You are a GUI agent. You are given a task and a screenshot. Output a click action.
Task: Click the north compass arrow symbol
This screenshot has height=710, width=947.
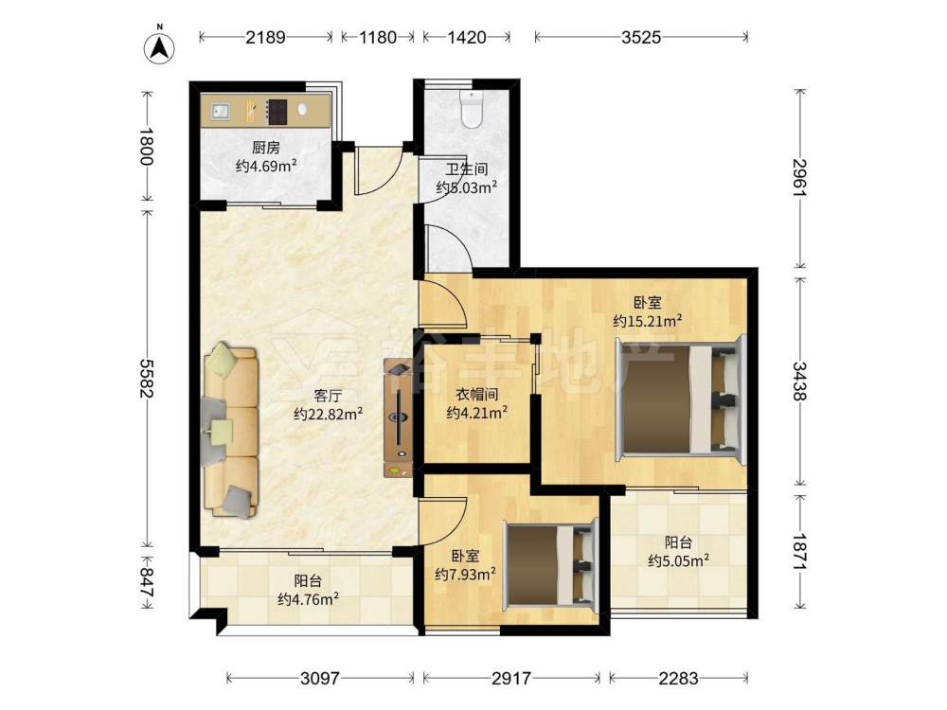point(159,46)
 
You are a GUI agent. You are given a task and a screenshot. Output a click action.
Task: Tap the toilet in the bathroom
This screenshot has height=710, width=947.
point(471,109)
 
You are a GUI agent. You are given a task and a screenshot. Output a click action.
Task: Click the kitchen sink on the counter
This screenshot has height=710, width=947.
point(221,111)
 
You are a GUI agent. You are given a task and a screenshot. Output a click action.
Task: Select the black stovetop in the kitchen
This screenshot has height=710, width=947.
point(277,111)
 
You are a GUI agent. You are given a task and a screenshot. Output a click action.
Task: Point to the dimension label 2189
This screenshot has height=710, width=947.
point(265,38)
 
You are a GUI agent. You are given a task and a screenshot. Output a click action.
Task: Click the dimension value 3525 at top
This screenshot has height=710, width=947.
point(641,38)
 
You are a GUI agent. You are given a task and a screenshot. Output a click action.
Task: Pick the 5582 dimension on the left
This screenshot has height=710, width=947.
point(146,378)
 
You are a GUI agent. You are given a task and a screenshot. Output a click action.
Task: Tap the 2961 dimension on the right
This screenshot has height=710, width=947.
point(799,177)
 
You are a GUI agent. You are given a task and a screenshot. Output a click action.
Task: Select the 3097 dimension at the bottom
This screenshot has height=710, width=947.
point(320,679)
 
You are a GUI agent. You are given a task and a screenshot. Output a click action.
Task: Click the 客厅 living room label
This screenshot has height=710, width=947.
point(328,396)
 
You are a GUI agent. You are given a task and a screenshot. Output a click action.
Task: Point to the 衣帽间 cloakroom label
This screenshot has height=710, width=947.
point(476,395)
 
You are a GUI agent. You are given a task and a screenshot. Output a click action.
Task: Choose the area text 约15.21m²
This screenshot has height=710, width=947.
point(648,321)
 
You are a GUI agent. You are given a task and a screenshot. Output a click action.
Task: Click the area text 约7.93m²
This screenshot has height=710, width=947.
point(466,574)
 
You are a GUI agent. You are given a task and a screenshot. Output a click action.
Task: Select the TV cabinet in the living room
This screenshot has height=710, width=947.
point(398,418)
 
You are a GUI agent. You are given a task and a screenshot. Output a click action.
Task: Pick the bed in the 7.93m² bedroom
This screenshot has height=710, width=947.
point(551,564)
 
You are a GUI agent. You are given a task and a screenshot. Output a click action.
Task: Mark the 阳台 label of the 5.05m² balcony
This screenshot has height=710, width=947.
point(678,542)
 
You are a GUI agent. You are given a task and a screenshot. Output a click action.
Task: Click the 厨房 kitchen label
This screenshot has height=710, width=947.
point(266,148)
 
